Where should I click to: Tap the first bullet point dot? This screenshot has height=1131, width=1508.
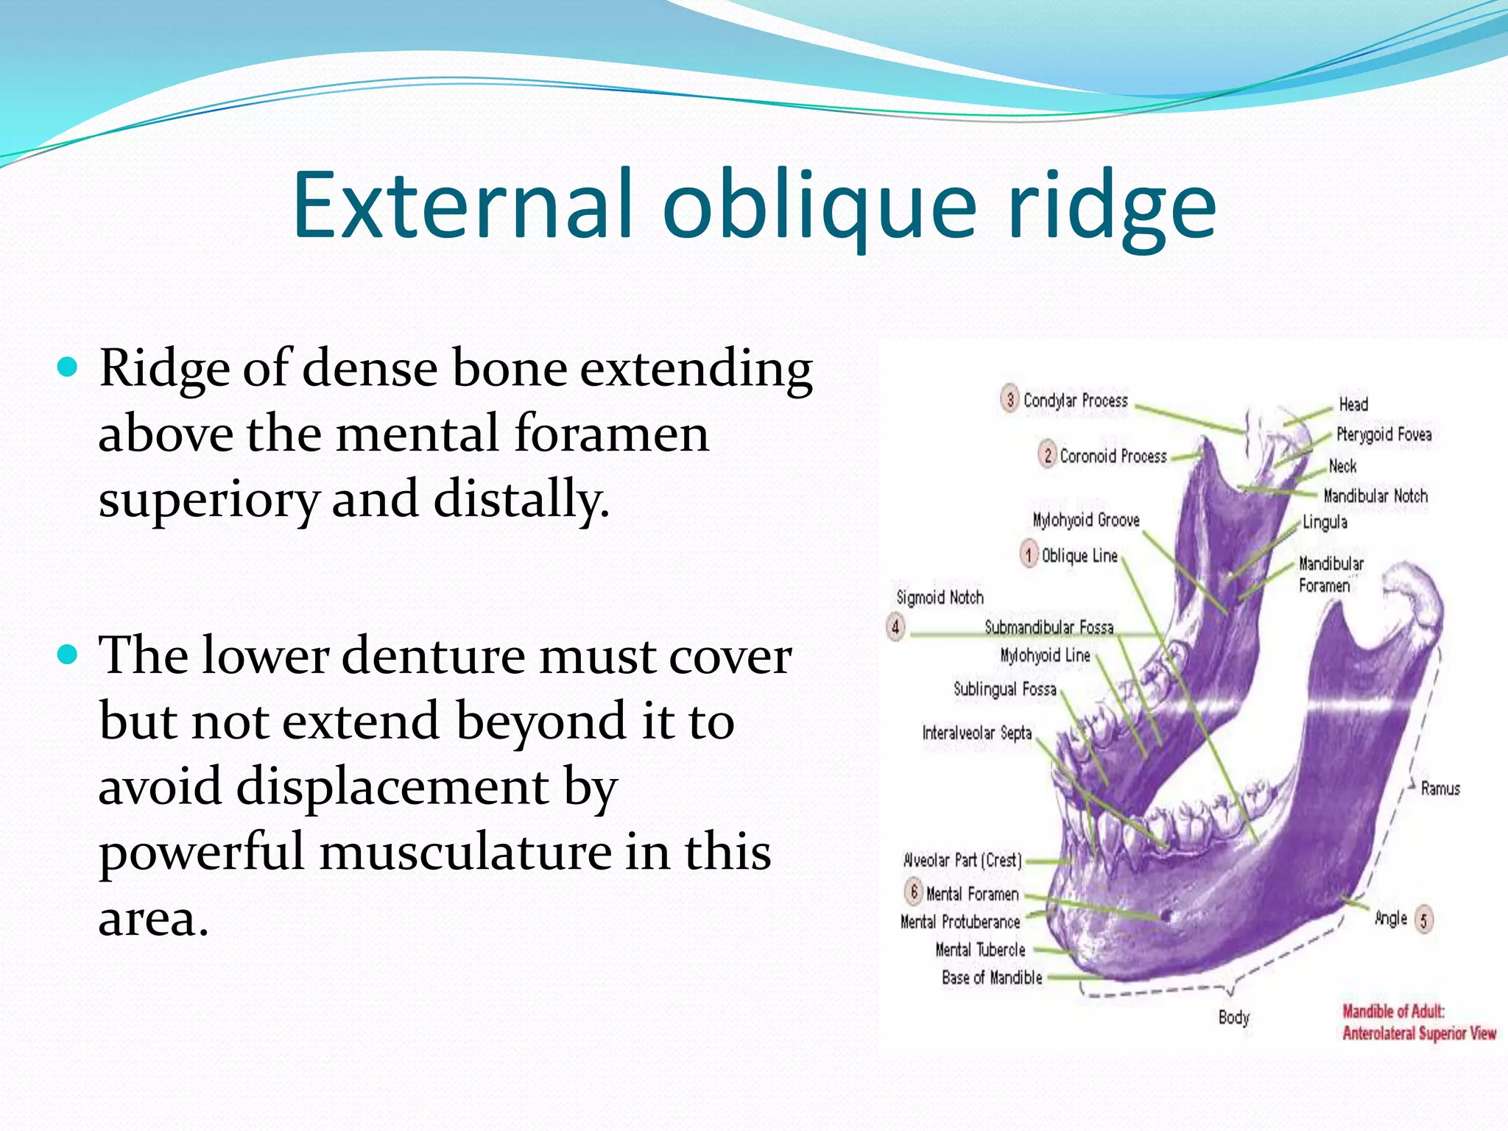click(x=67, y=367)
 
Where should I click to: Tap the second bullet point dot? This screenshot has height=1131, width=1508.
click(x=67, y=654)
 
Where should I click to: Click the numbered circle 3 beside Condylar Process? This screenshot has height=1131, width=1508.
click(x=1010, y=399)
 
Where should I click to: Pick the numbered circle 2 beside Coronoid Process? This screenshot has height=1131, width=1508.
click(x=1047, y=455)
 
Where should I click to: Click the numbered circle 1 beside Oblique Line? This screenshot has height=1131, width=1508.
click(x=1029, y=554)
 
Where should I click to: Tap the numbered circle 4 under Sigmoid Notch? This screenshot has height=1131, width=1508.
click(x=895, y=627)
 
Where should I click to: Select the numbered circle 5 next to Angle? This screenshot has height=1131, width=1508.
click(x=1423, y=919)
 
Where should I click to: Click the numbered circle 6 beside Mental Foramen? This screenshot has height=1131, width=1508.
click(x=913, y=892)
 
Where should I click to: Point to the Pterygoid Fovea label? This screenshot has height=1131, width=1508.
click(x=1383, y=434)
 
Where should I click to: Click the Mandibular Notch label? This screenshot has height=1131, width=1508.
click(x=1375, y=496)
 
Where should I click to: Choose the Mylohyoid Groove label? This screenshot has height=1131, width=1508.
click(x=1085, y=520)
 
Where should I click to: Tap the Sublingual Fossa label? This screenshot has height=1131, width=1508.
click(x=1004, y=689)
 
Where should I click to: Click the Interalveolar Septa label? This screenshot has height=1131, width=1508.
click(x=976, y=733)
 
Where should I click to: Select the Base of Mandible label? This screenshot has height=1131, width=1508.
click(x=991, y=978)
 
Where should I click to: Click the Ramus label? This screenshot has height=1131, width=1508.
click(x=1440, y=789)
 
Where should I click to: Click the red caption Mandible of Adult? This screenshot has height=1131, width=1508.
click(x=1392, y=1011)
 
